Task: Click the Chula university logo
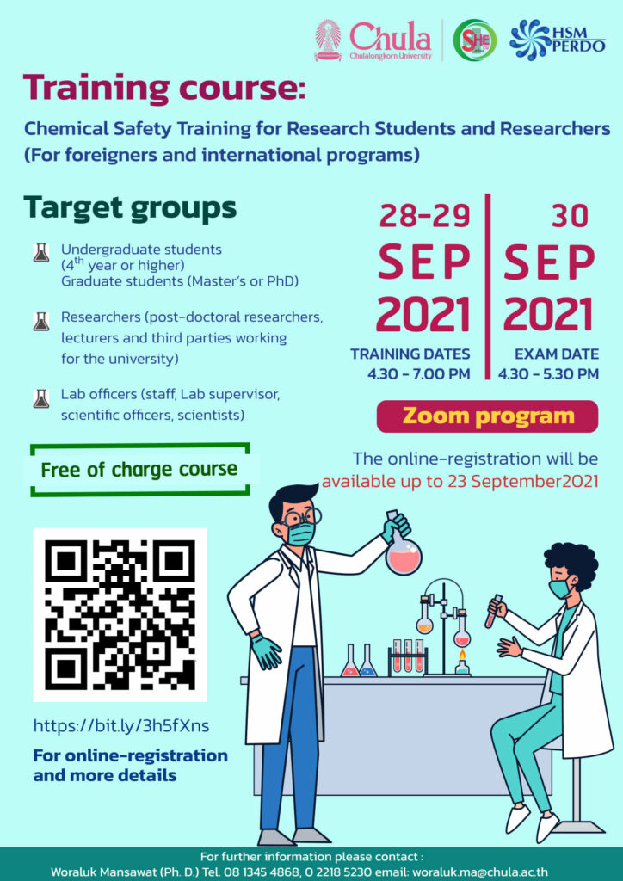click(373, 40)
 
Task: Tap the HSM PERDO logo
click(558, 40)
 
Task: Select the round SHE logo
click(475, 40)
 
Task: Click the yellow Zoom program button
click(487, 416)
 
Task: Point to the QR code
click(120, 614)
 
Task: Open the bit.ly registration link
click(121, 726)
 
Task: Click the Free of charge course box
click(139, 470)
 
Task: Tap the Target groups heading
click(130, 209)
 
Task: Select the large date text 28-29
click(425, 216)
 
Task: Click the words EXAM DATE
click(557, 354)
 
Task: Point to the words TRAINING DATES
click(410, 354)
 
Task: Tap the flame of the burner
click(462, 655)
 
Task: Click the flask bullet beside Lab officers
click(40, 398)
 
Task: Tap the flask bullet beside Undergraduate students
click(40, 253)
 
